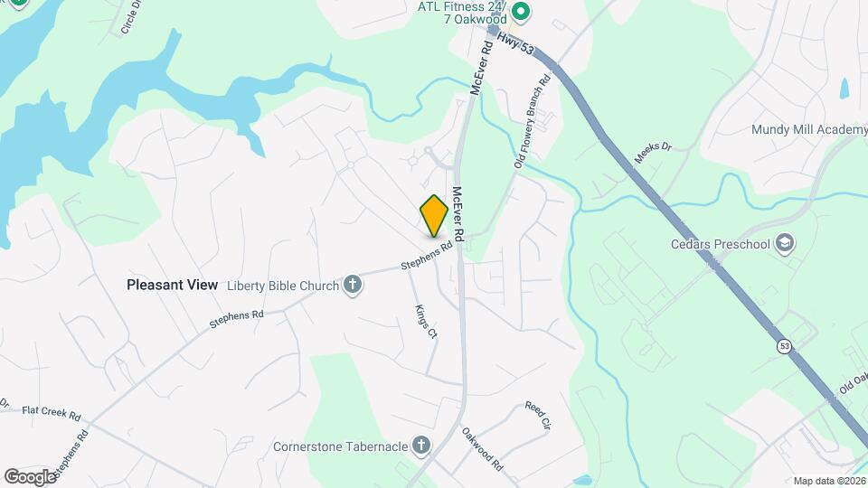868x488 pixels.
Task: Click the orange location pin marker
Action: (434, 216)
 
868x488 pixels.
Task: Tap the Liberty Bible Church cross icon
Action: (354, 286)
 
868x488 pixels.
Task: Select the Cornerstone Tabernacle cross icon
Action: (420, 445)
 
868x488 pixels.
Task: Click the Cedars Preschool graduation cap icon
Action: (785, 243)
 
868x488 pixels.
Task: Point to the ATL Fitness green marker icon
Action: (520, 12)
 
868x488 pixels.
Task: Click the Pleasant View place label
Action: (172, 285)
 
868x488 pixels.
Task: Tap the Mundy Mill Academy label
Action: (808, 129)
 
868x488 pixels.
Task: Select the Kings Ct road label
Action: (425, 321)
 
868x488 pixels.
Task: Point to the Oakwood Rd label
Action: (482, 449)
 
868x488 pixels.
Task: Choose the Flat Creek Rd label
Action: (52, 411)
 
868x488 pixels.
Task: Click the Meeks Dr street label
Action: (654, 152)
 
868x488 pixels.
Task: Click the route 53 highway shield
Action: (784, 345)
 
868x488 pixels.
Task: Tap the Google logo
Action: (30, 476)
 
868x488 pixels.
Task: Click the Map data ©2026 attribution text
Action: (829, 481)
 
